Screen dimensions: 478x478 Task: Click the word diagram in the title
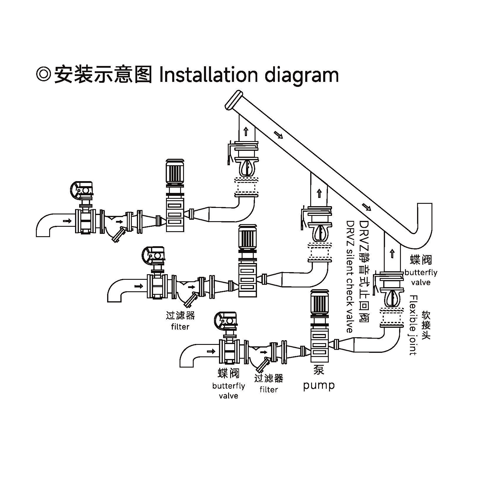click(301, 76)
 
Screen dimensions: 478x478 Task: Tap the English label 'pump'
click(319, 385)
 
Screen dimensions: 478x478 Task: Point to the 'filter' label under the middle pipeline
click(180, 327)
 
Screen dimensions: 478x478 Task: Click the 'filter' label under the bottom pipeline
click(268, 390)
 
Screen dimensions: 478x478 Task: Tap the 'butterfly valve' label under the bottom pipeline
click(228, 391)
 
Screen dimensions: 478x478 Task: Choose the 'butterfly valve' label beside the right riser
click(421, 277)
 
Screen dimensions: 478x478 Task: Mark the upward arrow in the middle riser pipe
click(319, 193)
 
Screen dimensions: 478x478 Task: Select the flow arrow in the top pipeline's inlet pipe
click(67, 221)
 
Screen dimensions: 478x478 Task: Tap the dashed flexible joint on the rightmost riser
click(391, 317)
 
